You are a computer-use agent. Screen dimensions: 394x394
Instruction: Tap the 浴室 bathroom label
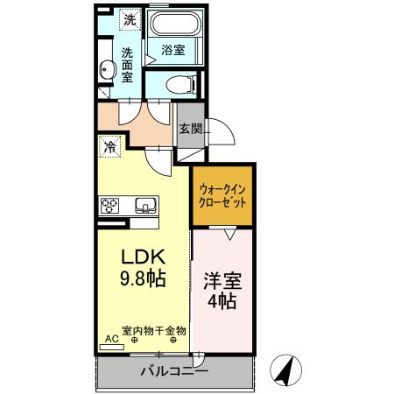(172, 51)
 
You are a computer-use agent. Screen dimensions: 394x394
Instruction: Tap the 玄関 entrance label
(190, 128)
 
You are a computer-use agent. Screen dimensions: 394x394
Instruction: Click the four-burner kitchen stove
(110, 206)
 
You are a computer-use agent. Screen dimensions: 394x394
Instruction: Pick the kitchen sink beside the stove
(144, 206)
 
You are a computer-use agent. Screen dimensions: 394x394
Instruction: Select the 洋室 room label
(222, 282)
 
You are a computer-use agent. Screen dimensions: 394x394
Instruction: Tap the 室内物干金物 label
(153, 331)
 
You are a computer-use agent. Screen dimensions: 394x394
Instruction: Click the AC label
(111, 338)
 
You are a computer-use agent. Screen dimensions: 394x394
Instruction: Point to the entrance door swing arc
(222, 131)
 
